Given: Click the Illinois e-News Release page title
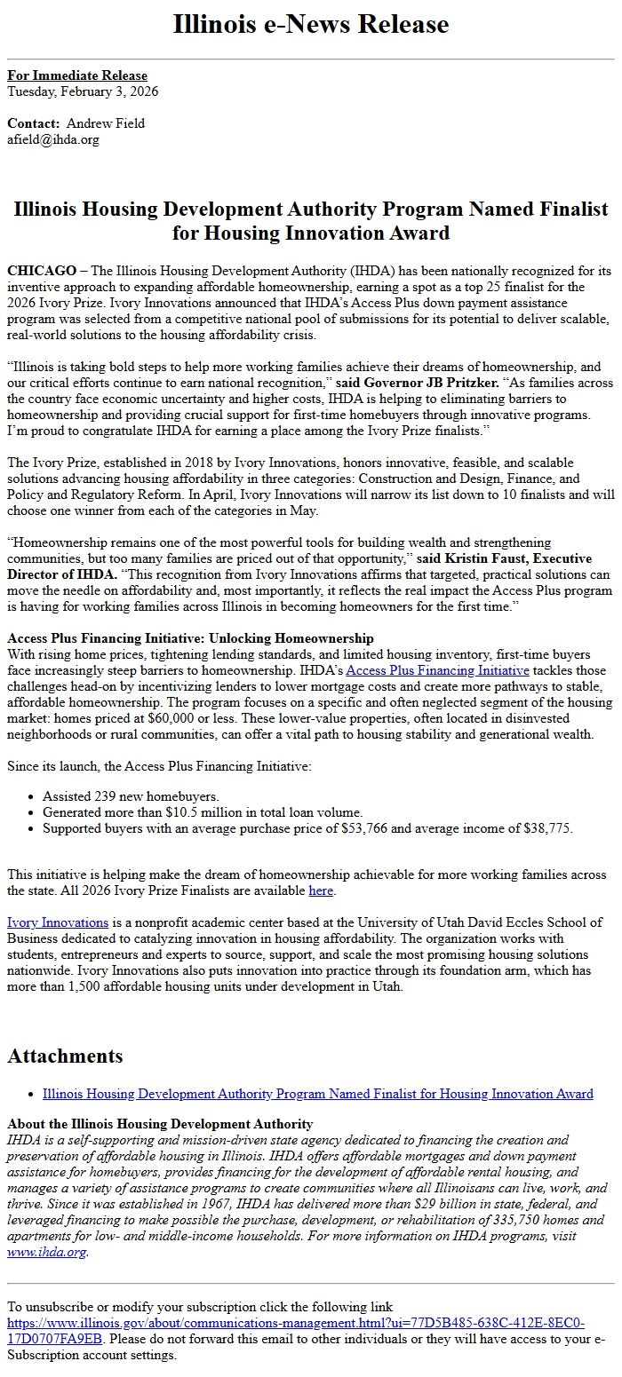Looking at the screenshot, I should pyautogui.click(x=311, y=24).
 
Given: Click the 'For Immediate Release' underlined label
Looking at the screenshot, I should pyautogui.click(x=77, y=75).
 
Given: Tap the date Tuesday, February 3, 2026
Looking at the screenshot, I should pyautogui.click(x=83, y=91).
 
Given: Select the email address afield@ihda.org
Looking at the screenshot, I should pyautogui.click(x=53, y=139).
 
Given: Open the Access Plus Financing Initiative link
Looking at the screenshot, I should pyautogui.click(x=437, y=670).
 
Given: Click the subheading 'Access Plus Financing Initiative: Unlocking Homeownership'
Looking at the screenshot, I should pyautogui.click(x=190, y=638).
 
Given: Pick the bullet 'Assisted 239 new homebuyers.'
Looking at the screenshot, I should pyautogui.click(x=131, y=796).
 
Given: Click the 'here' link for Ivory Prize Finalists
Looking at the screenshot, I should pyautogui.click(x=321, y=890).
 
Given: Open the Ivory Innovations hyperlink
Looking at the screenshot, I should pyautogui.click(x=58, y=922).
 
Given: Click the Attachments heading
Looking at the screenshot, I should pyautogui.click(x=65, y=1056).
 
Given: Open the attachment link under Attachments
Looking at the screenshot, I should pyautogui.click(x=317, y=1094).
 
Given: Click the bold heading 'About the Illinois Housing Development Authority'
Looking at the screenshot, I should pyautogui.click(x=160, y=1124).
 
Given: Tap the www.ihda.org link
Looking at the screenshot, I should pyautogui.click(x=47, y=1252).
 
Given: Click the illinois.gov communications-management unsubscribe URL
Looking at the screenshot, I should pyautogui.click(x=295, y=1323).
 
